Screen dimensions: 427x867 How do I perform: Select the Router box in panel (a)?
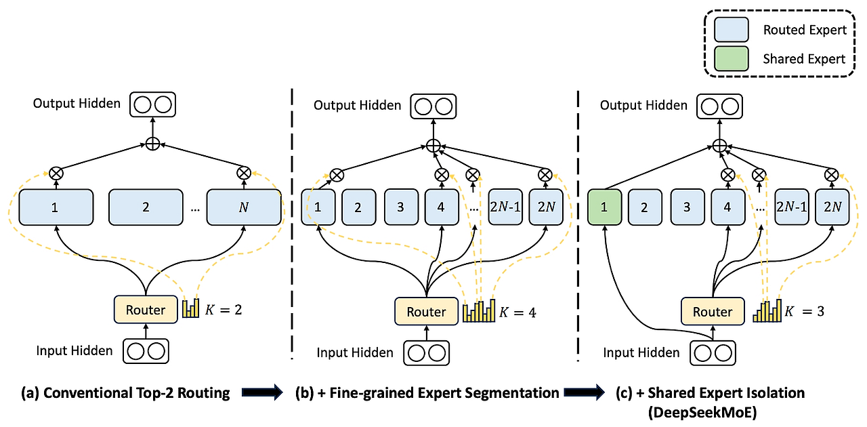point(146,310)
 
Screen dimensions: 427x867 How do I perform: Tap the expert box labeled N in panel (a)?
point(244,207)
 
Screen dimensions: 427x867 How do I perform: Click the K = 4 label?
point(517,312)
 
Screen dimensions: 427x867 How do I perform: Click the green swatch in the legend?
point(731,58)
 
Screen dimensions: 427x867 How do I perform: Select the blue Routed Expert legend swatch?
point(731,29)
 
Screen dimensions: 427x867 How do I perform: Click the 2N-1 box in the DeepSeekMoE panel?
point(792,207)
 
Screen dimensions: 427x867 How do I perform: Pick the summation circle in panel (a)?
point(153,144)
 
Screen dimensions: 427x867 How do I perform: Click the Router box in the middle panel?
point(426,312)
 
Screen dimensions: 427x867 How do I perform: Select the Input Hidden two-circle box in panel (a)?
point(146,351)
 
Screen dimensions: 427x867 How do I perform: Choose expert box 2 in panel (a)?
point(146,207)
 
